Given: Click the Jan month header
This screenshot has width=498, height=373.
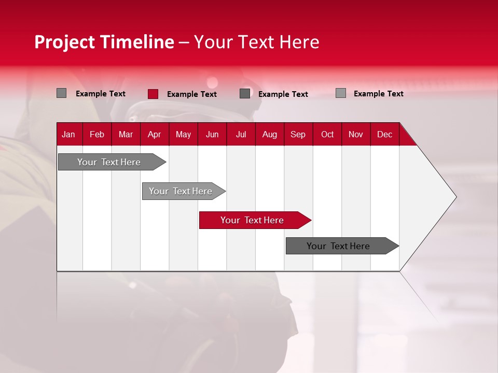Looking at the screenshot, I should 68,134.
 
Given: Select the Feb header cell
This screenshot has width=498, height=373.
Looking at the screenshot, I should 97,134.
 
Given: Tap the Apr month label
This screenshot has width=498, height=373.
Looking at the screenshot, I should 154,134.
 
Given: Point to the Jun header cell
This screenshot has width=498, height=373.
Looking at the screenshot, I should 212,134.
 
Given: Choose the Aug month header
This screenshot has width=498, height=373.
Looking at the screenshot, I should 269,134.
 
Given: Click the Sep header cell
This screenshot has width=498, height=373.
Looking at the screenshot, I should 298,134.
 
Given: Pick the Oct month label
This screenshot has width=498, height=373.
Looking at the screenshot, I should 327,134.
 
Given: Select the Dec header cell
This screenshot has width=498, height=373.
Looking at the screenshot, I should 384,134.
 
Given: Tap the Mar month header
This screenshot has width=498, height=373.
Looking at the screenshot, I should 126,134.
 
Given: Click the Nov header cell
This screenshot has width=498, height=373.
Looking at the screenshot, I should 356,134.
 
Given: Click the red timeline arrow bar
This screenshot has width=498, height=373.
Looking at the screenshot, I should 253,220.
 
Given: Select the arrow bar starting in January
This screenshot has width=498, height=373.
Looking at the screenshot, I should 109,162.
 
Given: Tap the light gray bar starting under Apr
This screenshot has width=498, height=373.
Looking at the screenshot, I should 181,191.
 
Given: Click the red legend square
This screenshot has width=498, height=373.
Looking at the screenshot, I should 153,94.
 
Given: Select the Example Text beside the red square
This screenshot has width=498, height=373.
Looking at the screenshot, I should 192,94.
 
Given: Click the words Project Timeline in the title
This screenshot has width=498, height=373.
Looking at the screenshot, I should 104,42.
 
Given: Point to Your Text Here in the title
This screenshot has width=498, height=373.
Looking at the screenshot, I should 256,42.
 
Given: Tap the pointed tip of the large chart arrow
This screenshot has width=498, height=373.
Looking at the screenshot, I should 455,197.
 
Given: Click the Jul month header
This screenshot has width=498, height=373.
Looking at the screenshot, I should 241,134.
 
